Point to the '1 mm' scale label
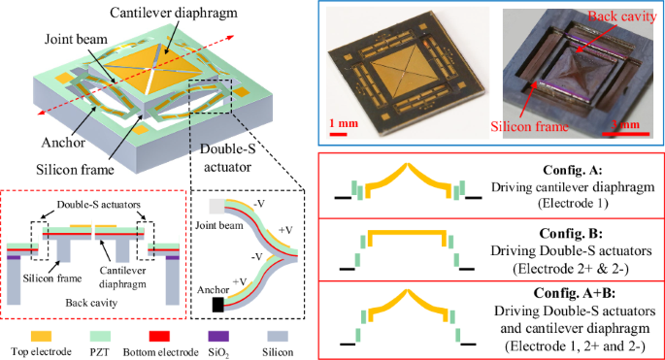[x=344, y=123]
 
